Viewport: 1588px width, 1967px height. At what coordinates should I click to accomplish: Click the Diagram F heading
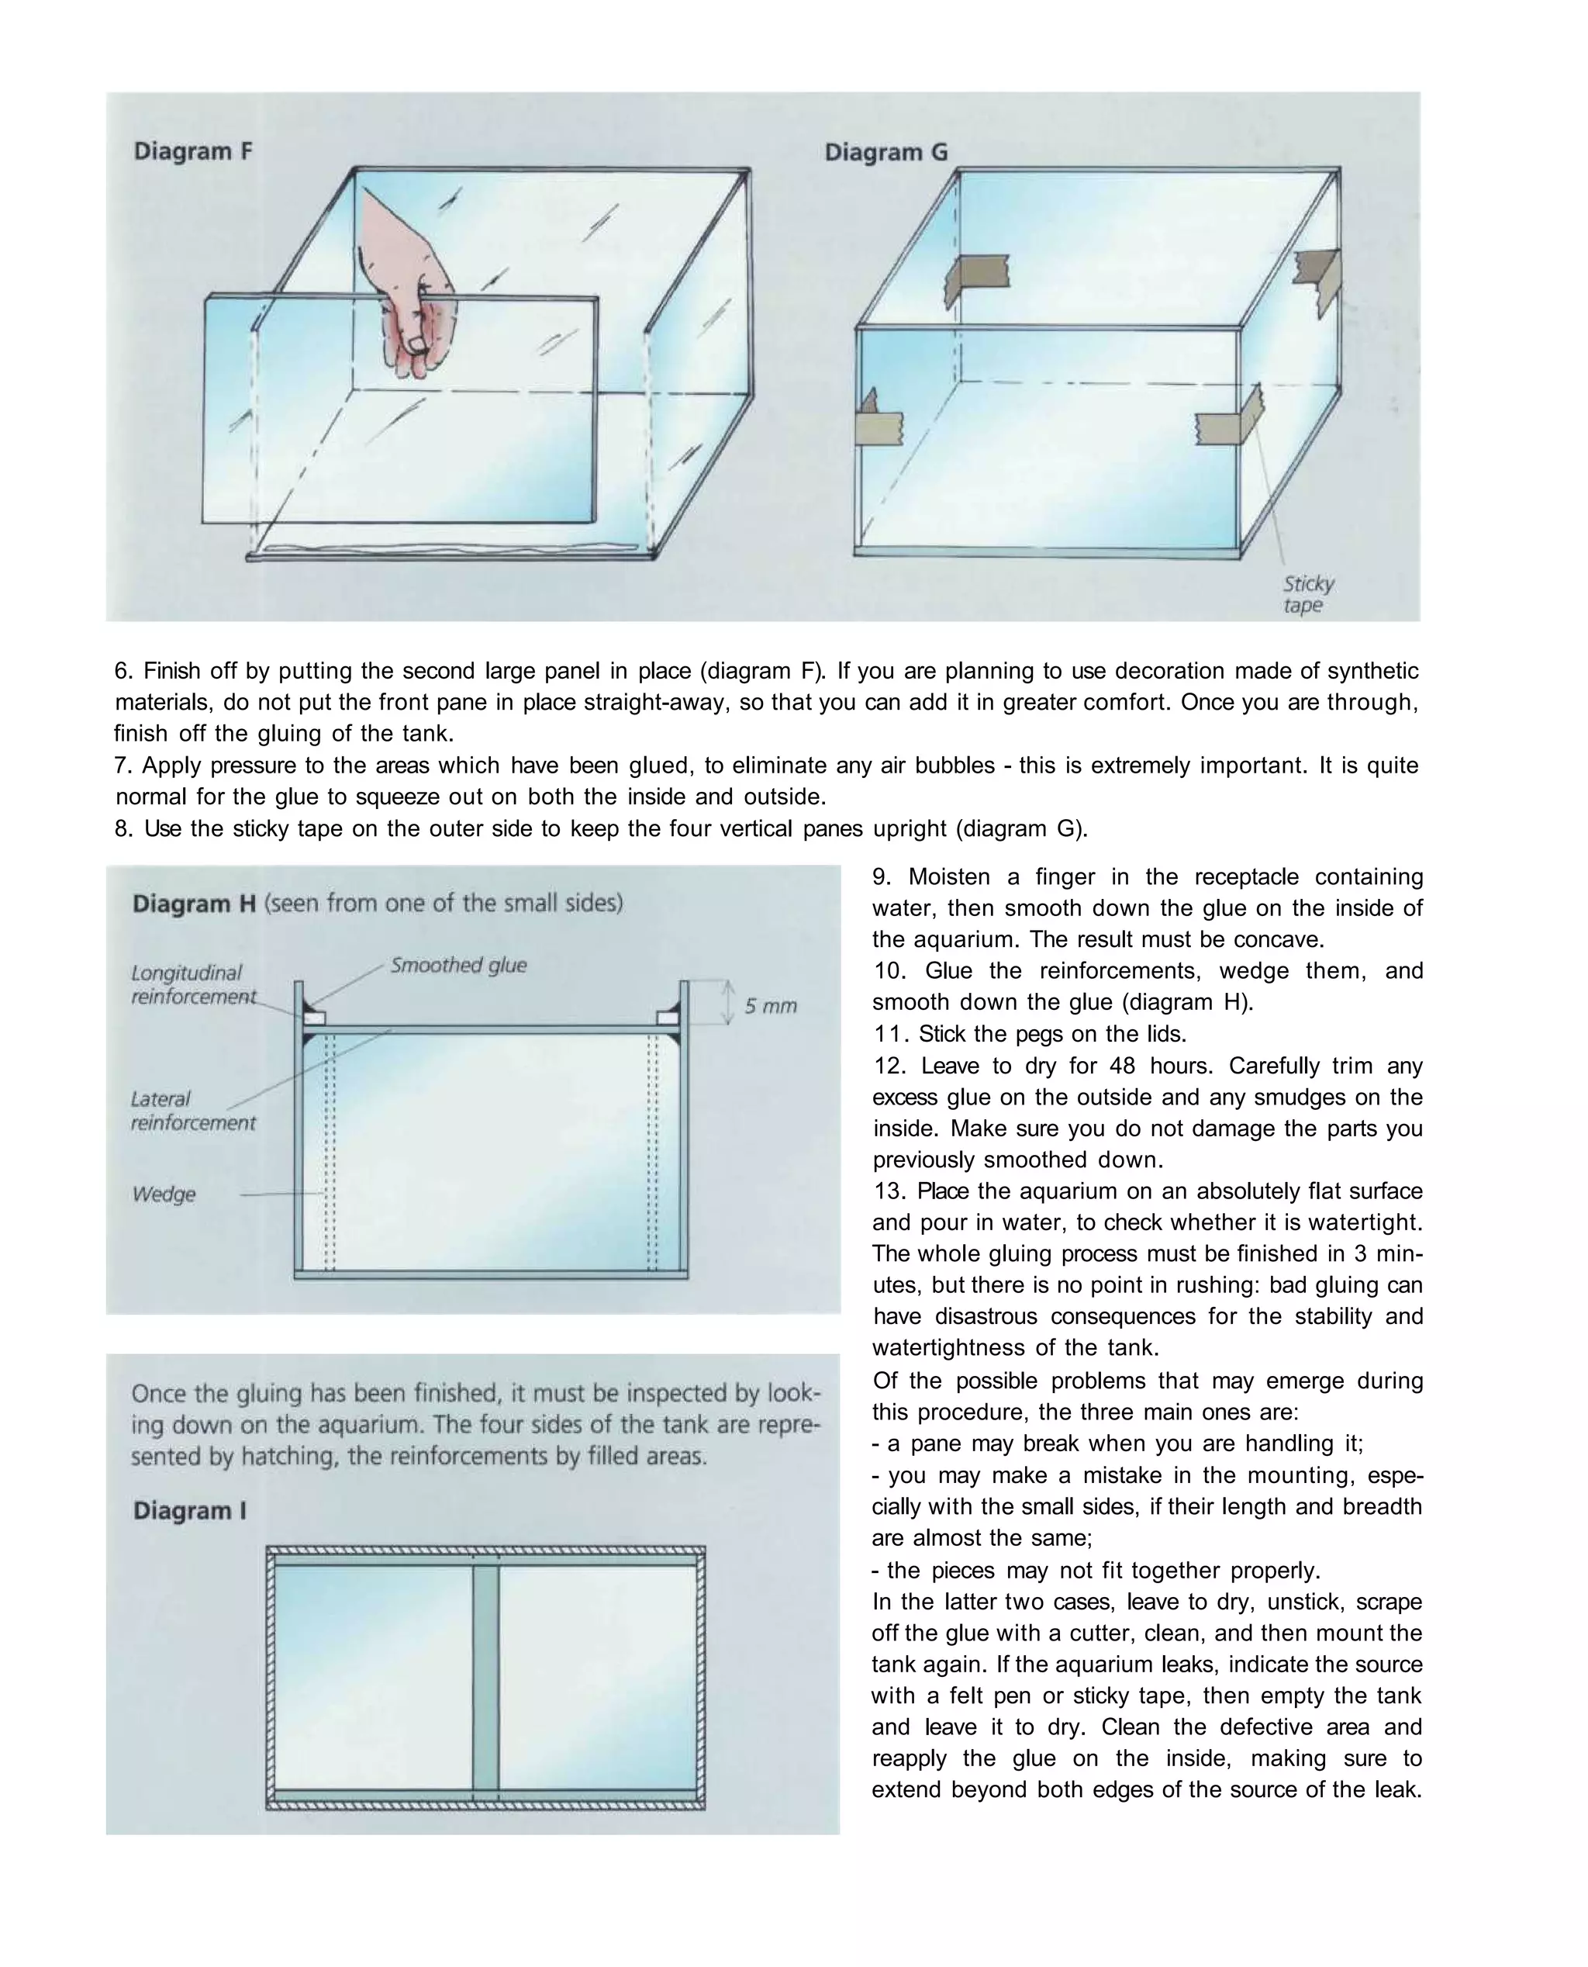[x=193, y=151]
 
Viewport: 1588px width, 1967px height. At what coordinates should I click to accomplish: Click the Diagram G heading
[x=885, y=152]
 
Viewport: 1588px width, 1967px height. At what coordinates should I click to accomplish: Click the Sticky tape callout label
[x=1307, y=595]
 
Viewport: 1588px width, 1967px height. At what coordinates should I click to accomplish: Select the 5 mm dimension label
[x=770, y=1006]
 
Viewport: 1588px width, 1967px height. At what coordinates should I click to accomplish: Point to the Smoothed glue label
[x=458, y=965]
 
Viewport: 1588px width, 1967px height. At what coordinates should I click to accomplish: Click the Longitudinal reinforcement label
[x=193, y=984]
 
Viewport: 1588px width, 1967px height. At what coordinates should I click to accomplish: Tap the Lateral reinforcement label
[x=193, y=1111]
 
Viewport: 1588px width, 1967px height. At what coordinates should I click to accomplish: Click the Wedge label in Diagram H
[x=164, y=1194]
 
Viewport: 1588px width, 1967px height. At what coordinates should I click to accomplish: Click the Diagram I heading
[x=190, y=1510]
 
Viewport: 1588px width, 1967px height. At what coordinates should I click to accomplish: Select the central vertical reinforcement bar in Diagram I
[x=485, y=1678]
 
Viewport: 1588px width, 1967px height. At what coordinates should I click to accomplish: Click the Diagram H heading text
[x=194, y=904]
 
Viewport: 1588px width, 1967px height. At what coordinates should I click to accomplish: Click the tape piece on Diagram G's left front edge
[x=876, y=422]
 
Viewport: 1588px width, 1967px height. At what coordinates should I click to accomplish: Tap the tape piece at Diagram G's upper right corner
[x=1317, y=279]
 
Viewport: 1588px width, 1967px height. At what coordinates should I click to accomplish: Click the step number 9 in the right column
[x=880, y=876]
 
